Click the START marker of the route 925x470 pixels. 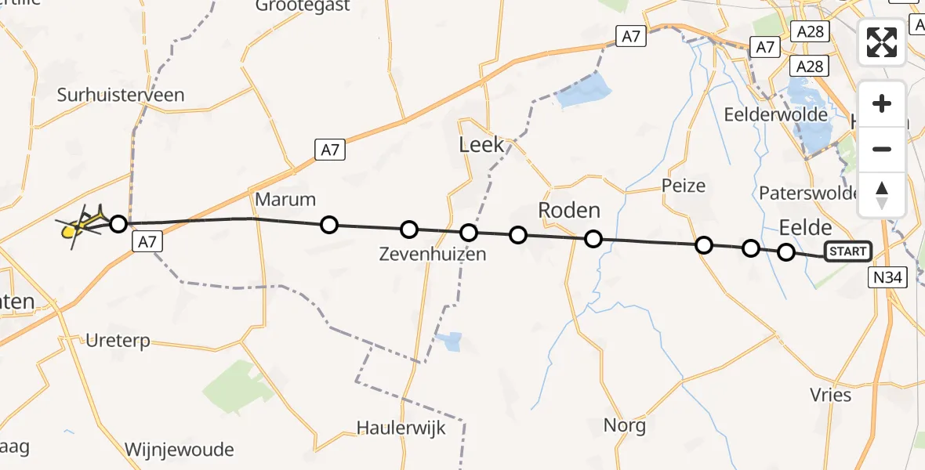pos(847,251)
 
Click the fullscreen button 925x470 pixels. pos(882,42)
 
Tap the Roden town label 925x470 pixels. pos(569,210)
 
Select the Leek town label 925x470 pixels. pos(481,145)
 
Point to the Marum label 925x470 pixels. pos(285,198)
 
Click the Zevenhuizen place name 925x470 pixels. pos(432,254)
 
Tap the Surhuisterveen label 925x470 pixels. pos(121,96)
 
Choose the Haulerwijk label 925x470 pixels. pos(401,428)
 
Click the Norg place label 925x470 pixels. pos(625,425)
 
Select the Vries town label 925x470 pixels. pos(831,394)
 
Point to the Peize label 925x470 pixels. pos(684,186)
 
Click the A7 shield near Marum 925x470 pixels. pos(330,149)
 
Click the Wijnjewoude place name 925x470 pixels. pos(180,450)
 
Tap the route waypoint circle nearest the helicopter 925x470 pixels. pos(118,225)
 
